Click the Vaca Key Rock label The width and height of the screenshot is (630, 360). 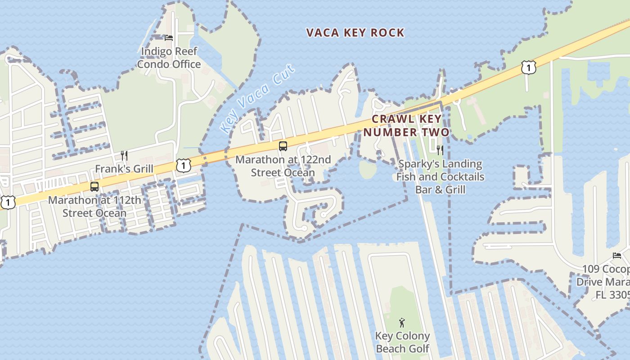coord(355,33)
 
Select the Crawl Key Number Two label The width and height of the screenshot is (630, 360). coord(406,126)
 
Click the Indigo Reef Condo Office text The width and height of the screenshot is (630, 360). coord(169,58)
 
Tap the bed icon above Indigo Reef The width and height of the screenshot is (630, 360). coord(169,38)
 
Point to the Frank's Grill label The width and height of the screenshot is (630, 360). coord(124,169)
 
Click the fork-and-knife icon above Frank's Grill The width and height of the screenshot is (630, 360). coord(124,156)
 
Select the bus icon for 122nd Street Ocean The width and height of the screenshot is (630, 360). coord(283,146)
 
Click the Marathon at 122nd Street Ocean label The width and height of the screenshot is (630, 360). coord(283,166)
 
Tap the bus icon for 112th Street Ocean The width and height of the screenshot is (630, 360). coord(94,187)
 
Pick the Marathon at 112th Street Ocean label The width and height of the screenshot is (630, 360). coord(94,207)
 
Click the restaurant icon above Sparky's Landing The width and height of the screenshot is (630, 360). coord(440,150)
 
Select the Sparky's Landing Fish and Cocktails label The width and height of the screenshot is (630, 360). coord(440,176)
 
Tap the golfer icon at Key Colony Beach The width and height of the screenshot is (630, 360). coord(402,323)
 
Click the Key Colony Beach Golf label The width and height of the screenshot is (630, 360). coord(402,342)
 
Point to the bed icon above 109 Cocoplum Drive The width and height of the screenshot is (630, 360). coord(617,256)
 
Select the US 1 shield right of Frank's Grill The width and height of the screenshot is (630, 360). coord(183,165)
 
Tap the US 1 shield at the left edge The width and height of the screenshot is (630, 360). coord(8,202)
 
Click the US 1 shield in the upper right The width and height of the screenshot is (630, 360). coord(529,67)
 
